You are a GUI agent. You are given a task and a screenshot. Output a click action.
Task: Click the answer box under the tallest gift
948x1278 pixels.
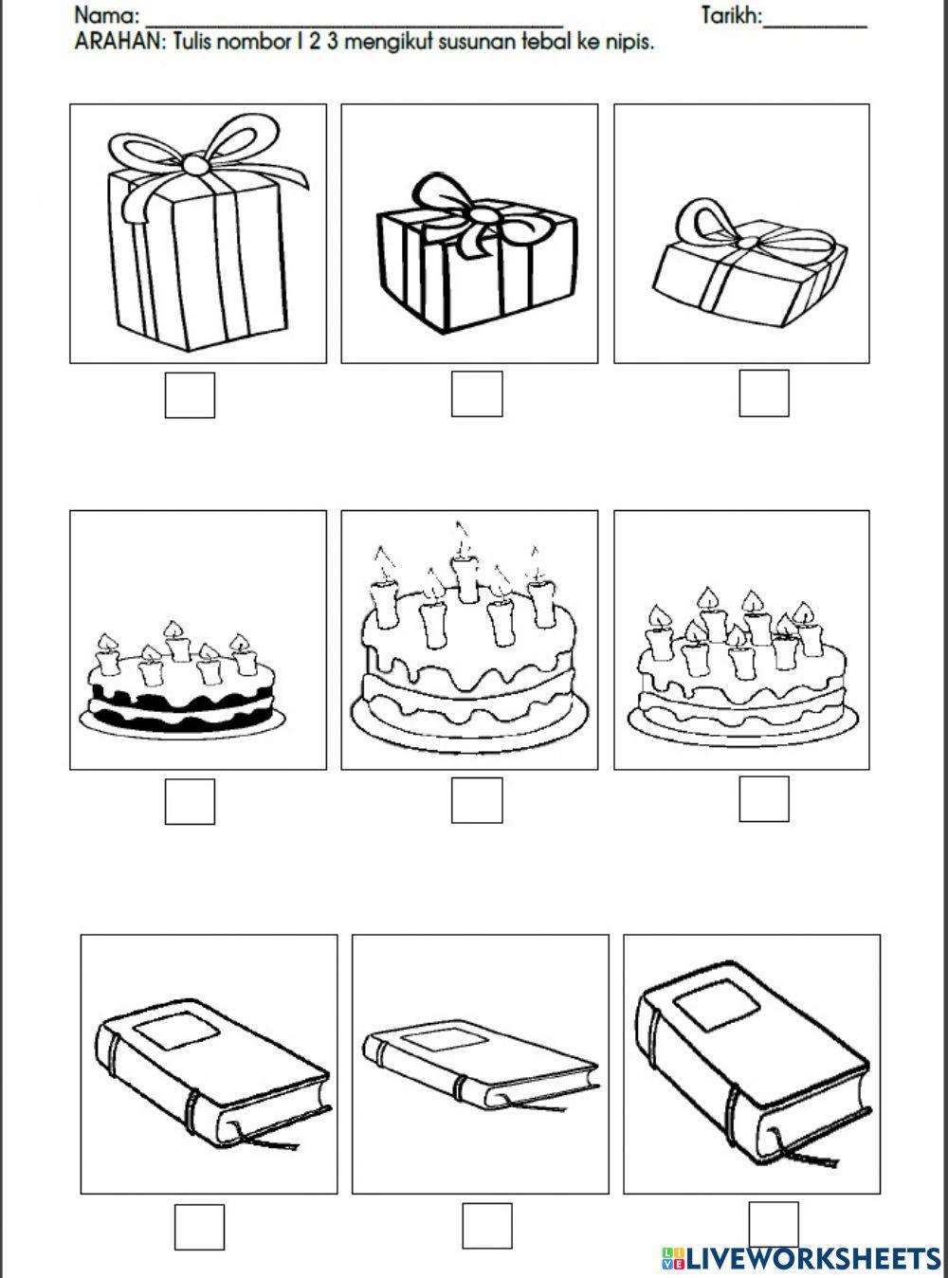(190, 394)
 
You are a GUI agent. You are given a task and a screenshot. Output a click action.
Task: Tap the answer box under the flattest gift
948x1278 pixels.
(764, 393)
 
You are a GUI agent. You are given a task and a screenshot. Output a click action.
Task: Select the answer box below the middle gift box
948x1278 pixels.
(477, 393)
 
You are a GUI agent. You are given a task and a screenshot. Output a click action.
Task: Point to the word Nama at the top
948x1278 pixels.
(106, 16)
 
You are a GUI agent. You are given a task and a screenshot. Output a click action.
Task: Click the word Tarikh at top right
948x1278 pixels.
(731, 16)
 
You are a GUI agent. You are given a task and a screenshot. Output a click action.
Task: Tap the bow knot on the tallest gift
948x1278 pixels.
(196, 164)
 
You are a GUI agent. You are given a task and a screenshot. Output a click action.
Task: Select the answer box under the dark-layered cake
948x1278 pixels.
(190, 801)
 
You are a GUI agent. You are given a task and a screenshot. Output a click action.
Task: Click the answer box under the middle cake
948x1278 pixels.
(477, 800)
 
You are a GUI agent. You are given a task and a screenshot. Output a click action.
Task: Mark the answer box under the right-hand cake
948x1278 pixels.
(764, 799)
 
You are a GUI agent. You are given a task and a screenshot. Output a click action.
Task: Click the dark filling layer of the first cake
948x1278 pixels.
(180, 703)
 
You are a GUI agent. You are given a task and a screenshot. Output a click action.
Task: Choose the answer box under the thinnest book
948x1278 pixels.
(487, 1226)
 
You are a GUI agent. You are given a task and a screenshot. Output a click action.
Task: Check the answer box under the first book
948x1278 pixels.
(199, 1227)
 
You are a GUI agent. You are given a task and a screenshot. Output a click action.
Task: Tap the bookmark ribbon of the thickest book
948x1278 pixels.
(811, 1158)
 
